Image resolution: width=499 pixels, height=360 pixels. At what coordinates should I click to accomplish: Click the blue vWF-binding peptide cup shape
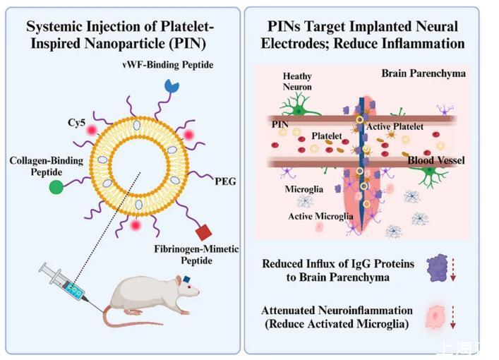(172, 84)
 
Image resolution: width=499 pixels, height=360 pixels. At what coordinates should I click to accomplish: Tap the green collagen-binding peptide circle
(56, 187)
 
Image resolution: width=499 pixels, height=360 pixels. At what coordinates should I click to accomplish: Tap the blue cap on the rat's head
(188, 280)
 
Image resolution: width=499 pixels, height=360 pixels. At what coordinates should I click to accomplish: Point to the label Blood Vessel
(435, 161)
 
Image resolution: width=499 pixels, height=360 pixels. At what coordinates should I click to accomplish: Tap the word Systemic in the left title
(53, 27)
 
